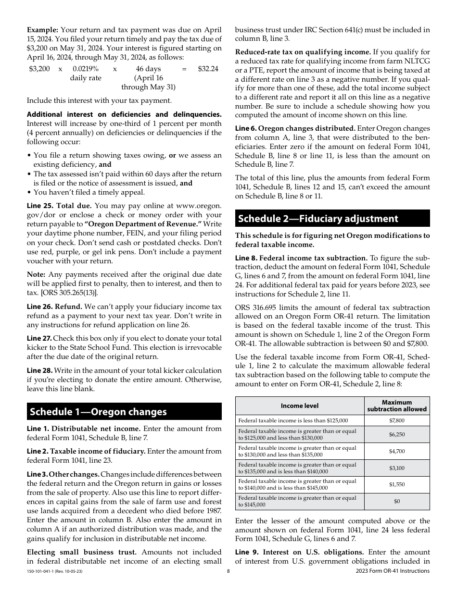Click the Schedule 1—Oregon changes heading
98,412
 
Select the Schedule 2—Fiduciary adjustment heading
318,219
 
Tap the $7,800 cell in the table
396,420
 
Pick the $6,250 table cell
396,434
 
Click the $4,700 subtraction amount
396,451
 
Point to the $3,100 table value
396,468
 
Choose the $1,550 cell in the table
396,484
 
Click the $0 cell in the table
396,501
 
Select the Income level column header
299,406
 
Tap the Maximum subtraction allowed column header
396,406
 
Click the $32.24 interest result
208,69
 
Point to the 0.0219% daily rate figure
86,69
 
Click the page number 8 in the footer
228,571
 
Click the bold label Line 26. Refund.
54,307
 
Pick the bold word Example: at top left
42,30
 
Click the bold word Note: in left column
36,274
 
